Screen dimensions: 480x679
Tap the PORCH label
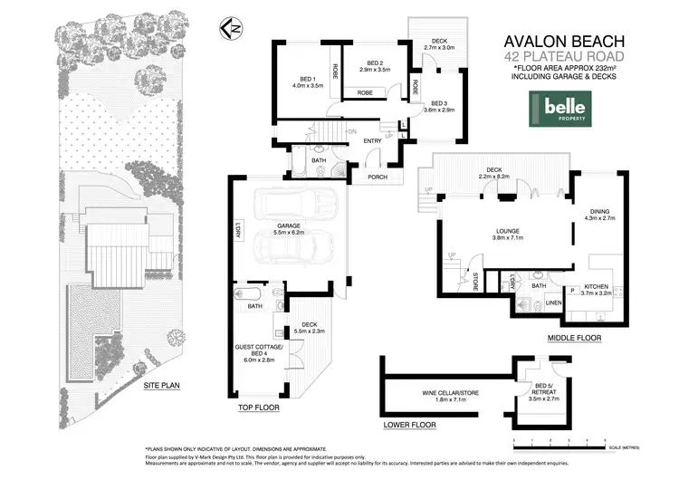(377, 176)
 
